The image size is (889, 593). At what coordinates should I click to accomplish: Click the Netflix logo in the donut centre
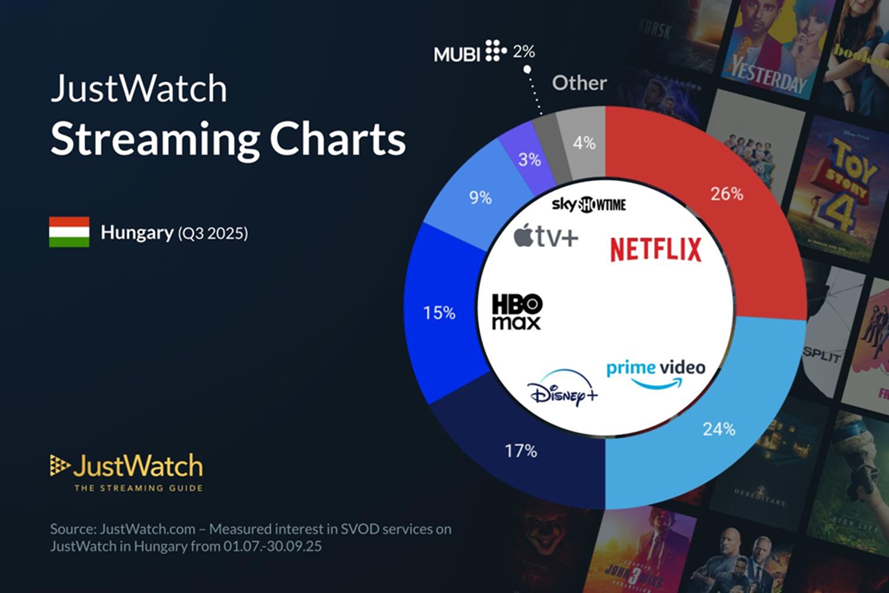(x=655, y=249)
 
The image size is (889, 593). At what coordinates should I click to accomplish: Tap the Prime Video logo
(x=655, y=374)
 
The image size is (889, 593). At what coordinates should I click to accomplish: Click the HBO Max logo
(x=517, y=312)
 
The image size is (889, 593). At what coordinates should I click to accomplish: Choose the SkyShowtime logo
(x=589, y=205)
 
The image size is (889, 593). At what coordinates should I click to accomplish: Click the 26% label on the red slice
(x=727, y=194)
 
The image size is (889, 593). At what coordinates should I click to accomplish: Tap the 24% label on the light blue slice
(x=718, y=429)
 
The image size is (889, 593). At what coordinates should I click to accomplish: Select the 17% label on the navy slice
(x=520, y=451)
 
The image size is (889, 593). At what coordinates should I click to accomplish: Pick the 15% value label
(x=439, y=313)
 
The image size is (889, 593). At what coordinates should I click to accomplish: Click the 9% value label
(x=480, y=197)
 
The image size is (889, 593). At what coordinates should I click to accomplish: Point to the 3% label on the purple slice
(x=529, y=160)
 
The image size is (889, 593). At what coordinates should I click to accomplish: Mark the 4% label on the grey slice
(x=584, y=143)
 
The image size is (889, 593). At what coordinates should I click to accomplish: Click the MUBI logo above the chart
(x=470, y=53)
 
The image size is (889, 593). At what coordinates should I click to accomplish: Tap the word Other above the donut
(x=579, y=83)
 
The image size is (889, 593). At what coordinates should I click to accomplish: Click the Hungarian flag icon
(x=69, y=232)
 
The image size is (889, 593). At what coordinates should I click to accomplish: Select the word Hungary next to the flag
(x=137, y=232)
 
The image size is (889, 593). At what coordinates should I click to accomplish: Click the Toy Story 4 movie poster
(x=842, y=184)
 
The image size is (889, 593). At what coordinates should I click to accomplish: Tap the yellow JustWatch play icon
(x=59, y=466)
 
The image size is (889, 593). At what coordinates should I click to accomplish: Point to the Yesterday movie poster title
(x=769, y=75)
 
